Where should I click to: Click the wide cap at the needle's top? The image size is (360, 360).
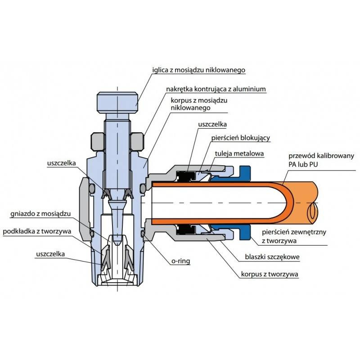coord(117,103)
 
